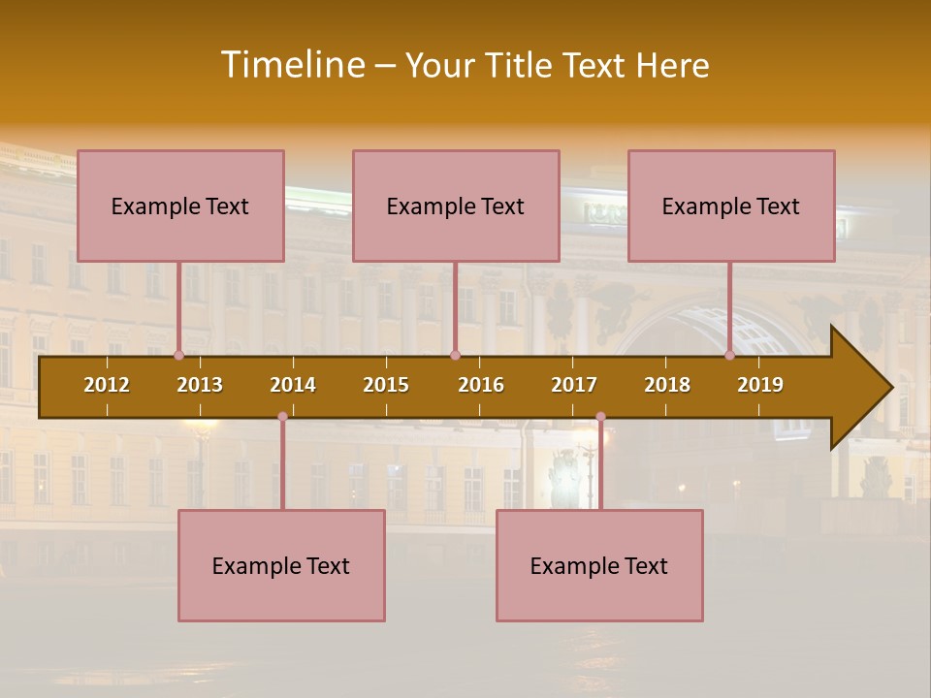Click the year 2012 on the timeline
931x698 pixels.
coord(107,385)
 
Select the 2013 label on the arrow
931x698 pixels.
coord(200,385)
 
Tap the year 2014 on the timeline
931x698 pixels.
coord(293,385)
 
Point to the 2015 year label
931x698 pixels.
coord(386,385)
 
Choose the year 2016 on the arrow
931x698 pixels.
coord(481,385)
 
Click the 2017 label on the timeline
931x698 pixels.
coord(574,385)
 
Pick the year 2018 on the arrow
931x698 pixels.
coord(667,385)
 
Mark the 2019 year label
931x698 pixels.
coord(760,385)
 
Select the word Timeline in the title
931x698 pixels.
coord(292,65)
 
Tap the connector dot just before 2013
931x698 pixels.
coord(178,355)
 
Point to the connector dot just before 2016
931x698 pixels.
coord(455,355)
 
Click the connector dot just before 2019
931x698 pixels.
coord(729,355)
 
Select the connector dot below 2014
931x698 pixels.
coord(282,417)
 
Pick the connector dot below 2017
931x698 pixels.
coord(600,417)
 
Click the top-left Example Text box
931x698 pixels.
coord(180,206)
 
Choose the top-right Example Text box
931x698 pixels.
coord(731,206)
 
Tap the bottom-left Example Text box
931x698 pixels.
coord(281,565)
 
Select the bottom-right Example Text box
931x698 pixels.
coord(599,565)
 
